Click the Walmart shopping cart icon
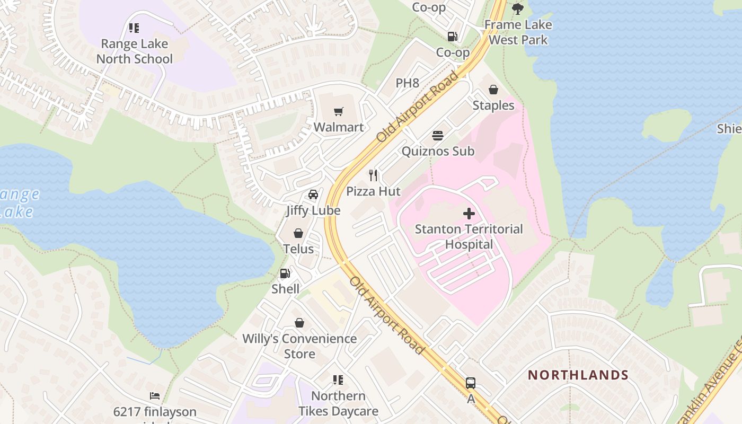click(339, 111)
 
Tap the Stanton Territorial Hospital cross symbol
click(469, 214)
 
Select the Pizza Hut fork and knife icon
click(374, 175)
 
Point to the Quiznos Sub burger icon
click(438, 136)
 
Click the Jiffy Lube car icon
click(313, 195)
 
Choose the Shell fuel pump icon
click(285, 273)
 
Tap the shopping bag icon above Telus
click(298, 233)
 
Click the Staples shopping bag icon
click(493, 90)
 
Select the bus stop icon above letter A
click(470, 383)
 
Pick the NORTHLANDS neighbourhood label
click(578, 375)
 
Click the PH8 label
click(408, 83)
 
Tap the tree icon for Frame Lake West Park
click(517, 8)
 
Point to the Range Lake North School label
click(135, 51)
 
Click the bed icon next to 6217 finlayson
click(155, 396)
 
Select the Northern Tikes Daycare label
click(338, 403)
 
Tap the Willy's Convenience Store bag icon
click(299, 323)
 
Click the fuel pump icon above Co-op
click(453, 37)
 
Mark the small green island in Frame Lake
click(666, 125)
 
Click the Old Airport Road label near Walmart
click(418, 106)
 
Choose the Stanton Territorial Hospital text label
click(469, 236)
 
